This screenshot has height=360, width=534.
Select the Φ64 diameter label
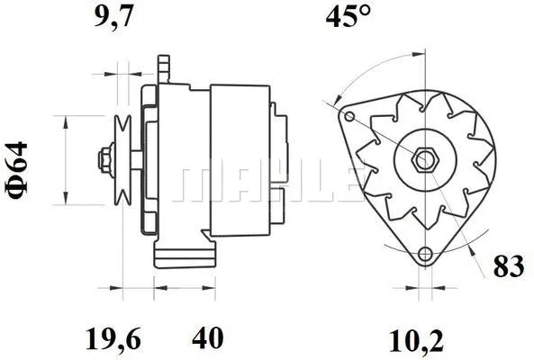pos(21,166)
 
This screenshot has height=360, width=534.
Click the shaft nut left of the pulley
pos(104,161)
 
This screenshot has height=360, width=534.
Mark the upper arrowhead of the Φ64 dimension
pos(65,121)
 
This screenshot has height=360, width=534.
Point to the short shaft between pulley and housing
pos(136,161)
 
